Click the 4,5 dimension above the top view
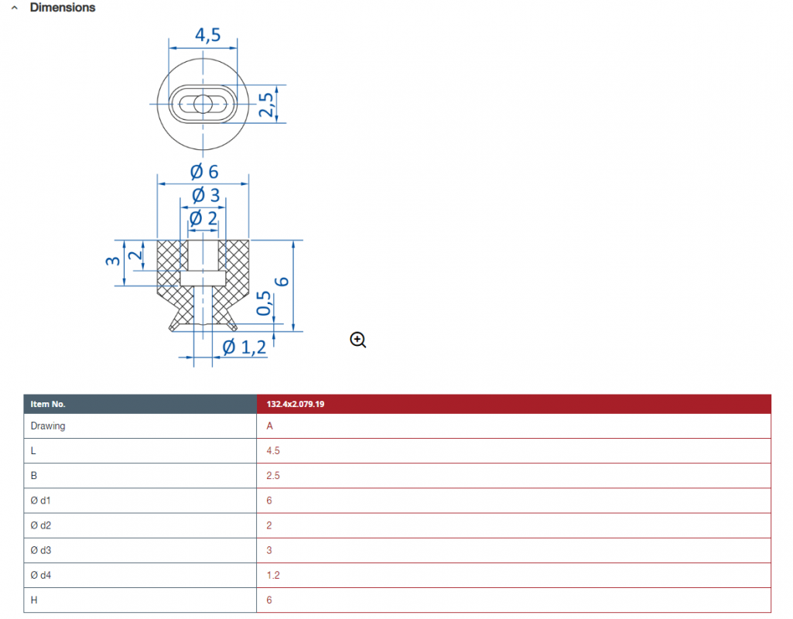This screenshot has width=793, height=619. (x=208, y=35)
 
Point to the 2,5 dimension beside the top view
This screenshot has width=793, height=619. (x=266, y=104)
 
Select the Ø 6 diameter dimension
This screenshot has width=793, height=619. (x=204, y=172)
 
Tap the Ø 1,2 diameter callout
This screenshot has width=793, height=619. (x=244, y=347)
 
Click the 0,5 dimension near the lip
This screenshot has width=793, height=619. (x=264, y=303)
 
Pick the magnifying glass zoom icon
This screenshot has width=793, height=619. (x=358, y=340)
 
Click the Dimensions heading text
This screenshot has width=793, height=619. (x=63, y=8)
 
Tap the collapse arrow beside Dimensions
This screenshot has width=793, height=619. (x=15, y=8)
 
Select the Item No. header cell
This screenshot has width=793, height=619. (x=48, y=404)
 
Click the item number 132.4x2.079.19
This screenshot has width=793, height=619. (x=296, y=404)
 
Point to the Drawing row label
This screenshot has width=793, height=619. (x=48, y=426)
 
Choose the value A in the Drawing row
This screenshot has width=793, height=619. (x=269, y=426)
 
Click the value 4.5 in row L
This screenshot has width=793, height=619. (x=273, y=450)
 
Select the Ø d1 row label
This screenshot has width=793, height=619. (x=40, y=500)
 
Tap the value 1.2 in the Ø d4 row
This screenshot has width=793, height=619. (x=273, y=575)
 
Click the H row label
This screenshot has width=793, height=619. (x=34, y=600)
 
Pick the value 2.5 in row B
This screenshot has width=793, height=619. (x=273, y=475)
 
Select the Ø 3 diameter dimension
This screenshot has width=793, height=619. (x=206, y=195)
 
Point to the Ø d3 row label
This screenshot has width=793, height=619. (x=40, y=550)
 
